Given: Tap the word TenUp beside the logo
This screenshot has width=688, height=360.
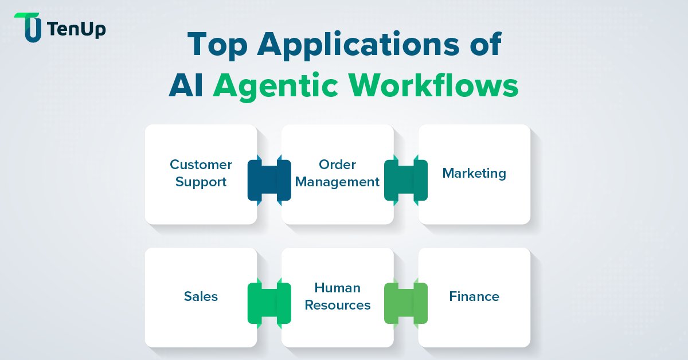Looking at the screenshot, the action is tap(77, 29).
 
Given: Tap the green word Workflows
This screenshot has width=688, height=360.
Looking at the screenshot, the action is tap(435, 87).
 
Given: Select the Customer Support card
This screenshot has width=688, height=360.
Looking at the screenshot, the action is tap(201, 174).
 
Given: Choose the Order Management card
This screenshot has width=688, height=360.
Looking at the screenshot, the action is tap(337, 174).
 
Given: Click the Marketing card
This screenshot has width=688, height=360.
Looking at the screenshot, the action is tap(474, 174).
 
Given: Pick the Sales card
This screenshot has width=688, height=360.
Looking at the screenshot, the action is tap(201, 297).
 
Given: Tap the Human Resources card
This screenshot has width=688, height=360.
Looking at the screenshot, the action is tap(337, 297).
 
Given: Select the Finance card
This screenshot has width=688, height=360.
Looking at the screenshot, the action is tap(474, 297).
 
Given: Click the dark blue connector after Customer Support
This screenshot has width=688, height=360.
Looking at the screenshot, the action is tap(269, 180).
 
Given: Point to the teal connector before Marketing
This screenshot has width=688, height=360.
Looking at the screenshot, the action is tap(406, 180).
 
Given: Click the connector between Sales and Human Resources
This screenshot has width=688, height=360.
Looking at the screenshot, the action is tap(269, 303).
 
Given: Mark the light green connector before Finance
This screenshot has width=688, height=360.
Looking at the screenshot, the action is tap(406, 303).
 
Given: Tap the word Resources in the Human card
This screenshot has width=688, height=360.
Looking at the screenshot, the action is tap(337, 306).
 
